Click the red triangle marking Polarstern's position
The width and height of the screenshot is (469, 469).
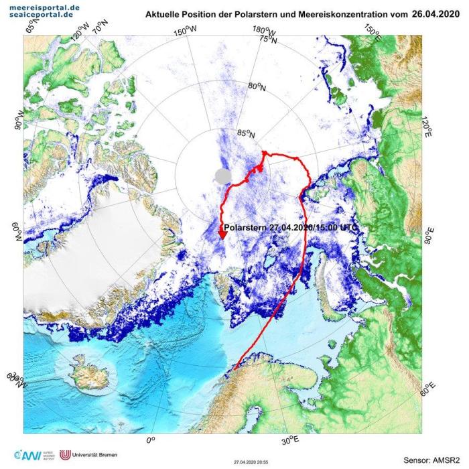222,234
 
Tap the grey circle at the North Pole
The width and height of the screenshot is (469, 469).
222,177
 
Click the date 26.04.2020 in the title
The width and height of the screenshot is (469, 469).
437,13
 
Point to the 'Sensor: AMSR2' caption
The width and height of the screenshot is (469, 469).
432,460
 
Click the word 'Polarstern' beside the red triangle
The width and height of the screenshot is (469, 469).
246,228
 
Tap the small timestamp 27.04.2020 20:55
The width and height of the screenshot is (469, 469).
251,462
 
